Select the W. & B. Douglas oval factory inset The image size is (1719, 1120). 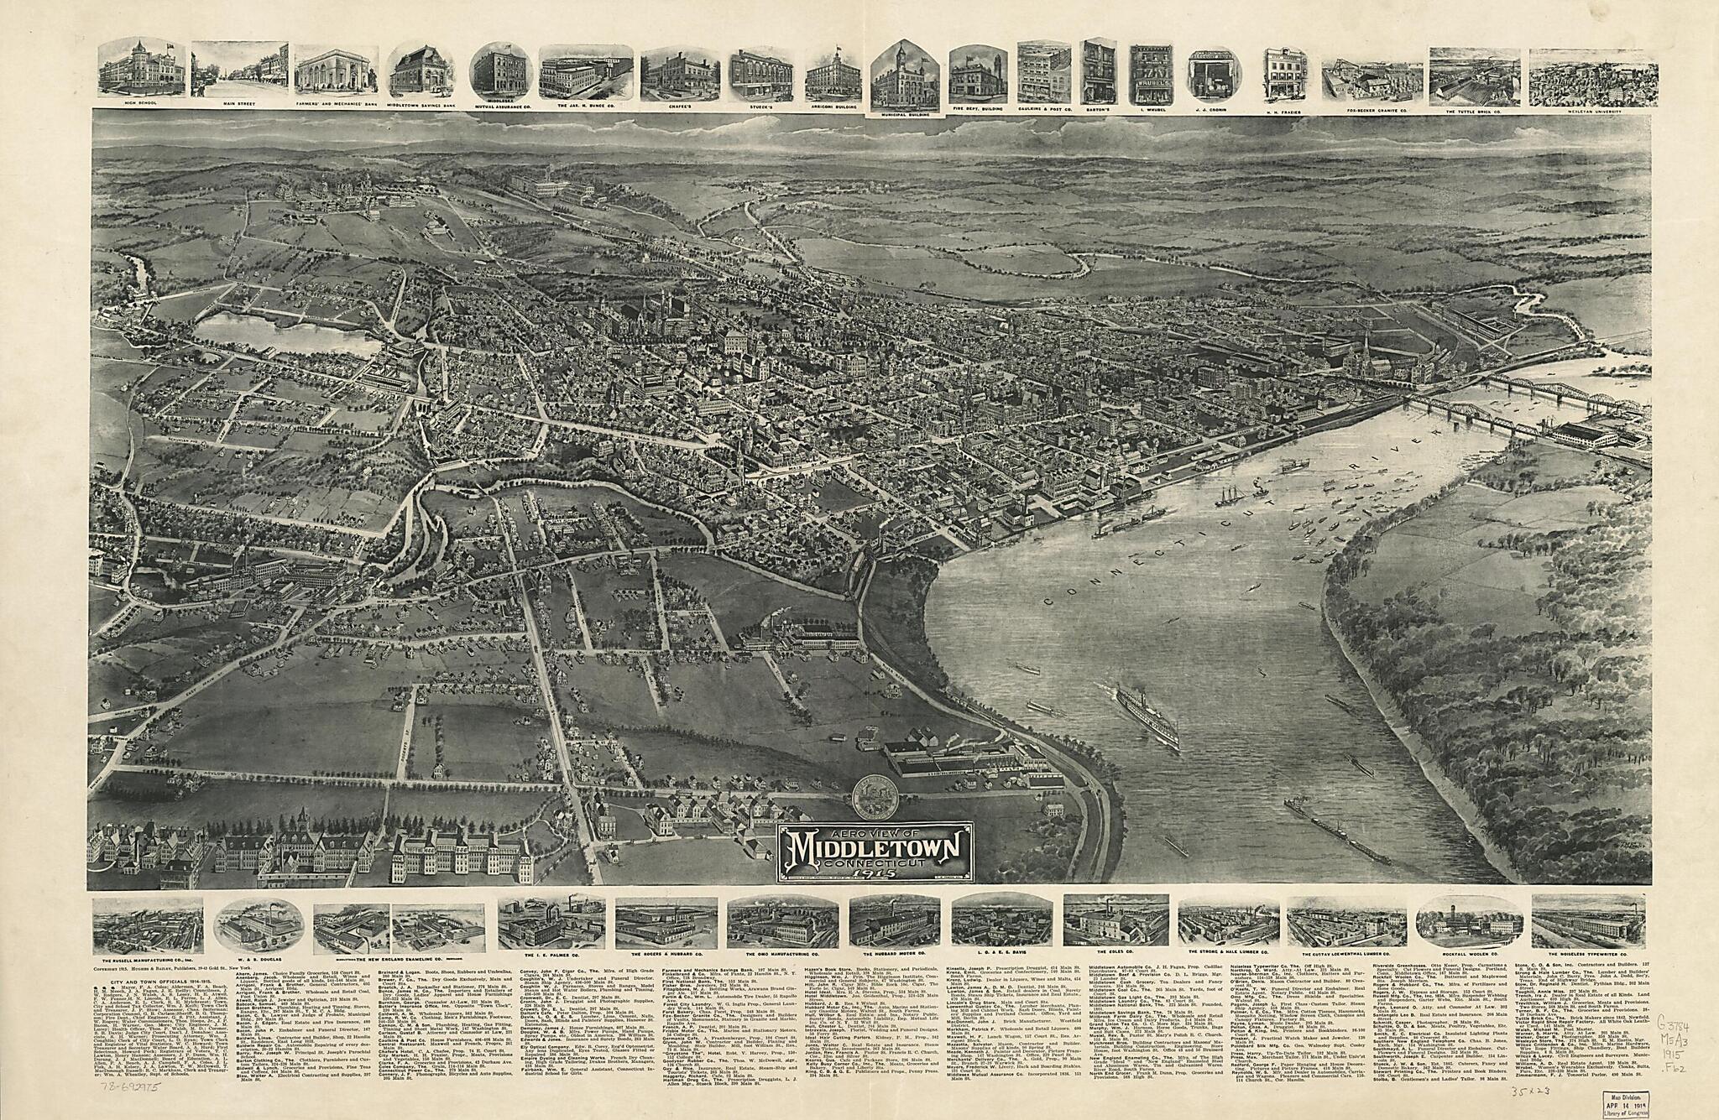click(259, 927)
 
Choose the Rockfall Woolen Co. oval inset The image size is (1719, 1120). click(1468, 925)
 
